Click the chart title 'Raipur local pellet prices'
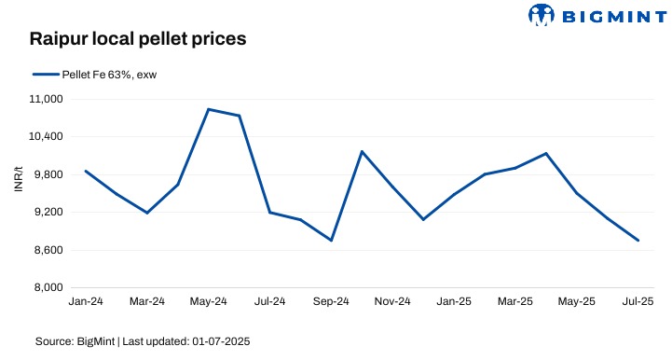pos(137,39)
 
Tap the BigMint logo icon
pos(543,14)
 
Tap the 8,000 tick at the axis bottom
pos(45,288)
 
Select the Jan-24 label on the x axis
pos(86,302)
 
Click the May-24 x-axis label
pos(208,302)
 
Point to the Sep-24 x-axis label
pos(331,302)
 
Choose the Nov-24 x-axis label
pos(392,302)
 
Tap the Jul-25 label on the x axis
pos(638,302)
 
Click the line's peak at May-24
pos(208,109)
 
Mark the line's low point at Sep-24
pos(331,241)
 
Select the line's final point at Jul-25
pos(638,241)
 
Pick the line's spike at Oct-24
pos(362,151)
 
